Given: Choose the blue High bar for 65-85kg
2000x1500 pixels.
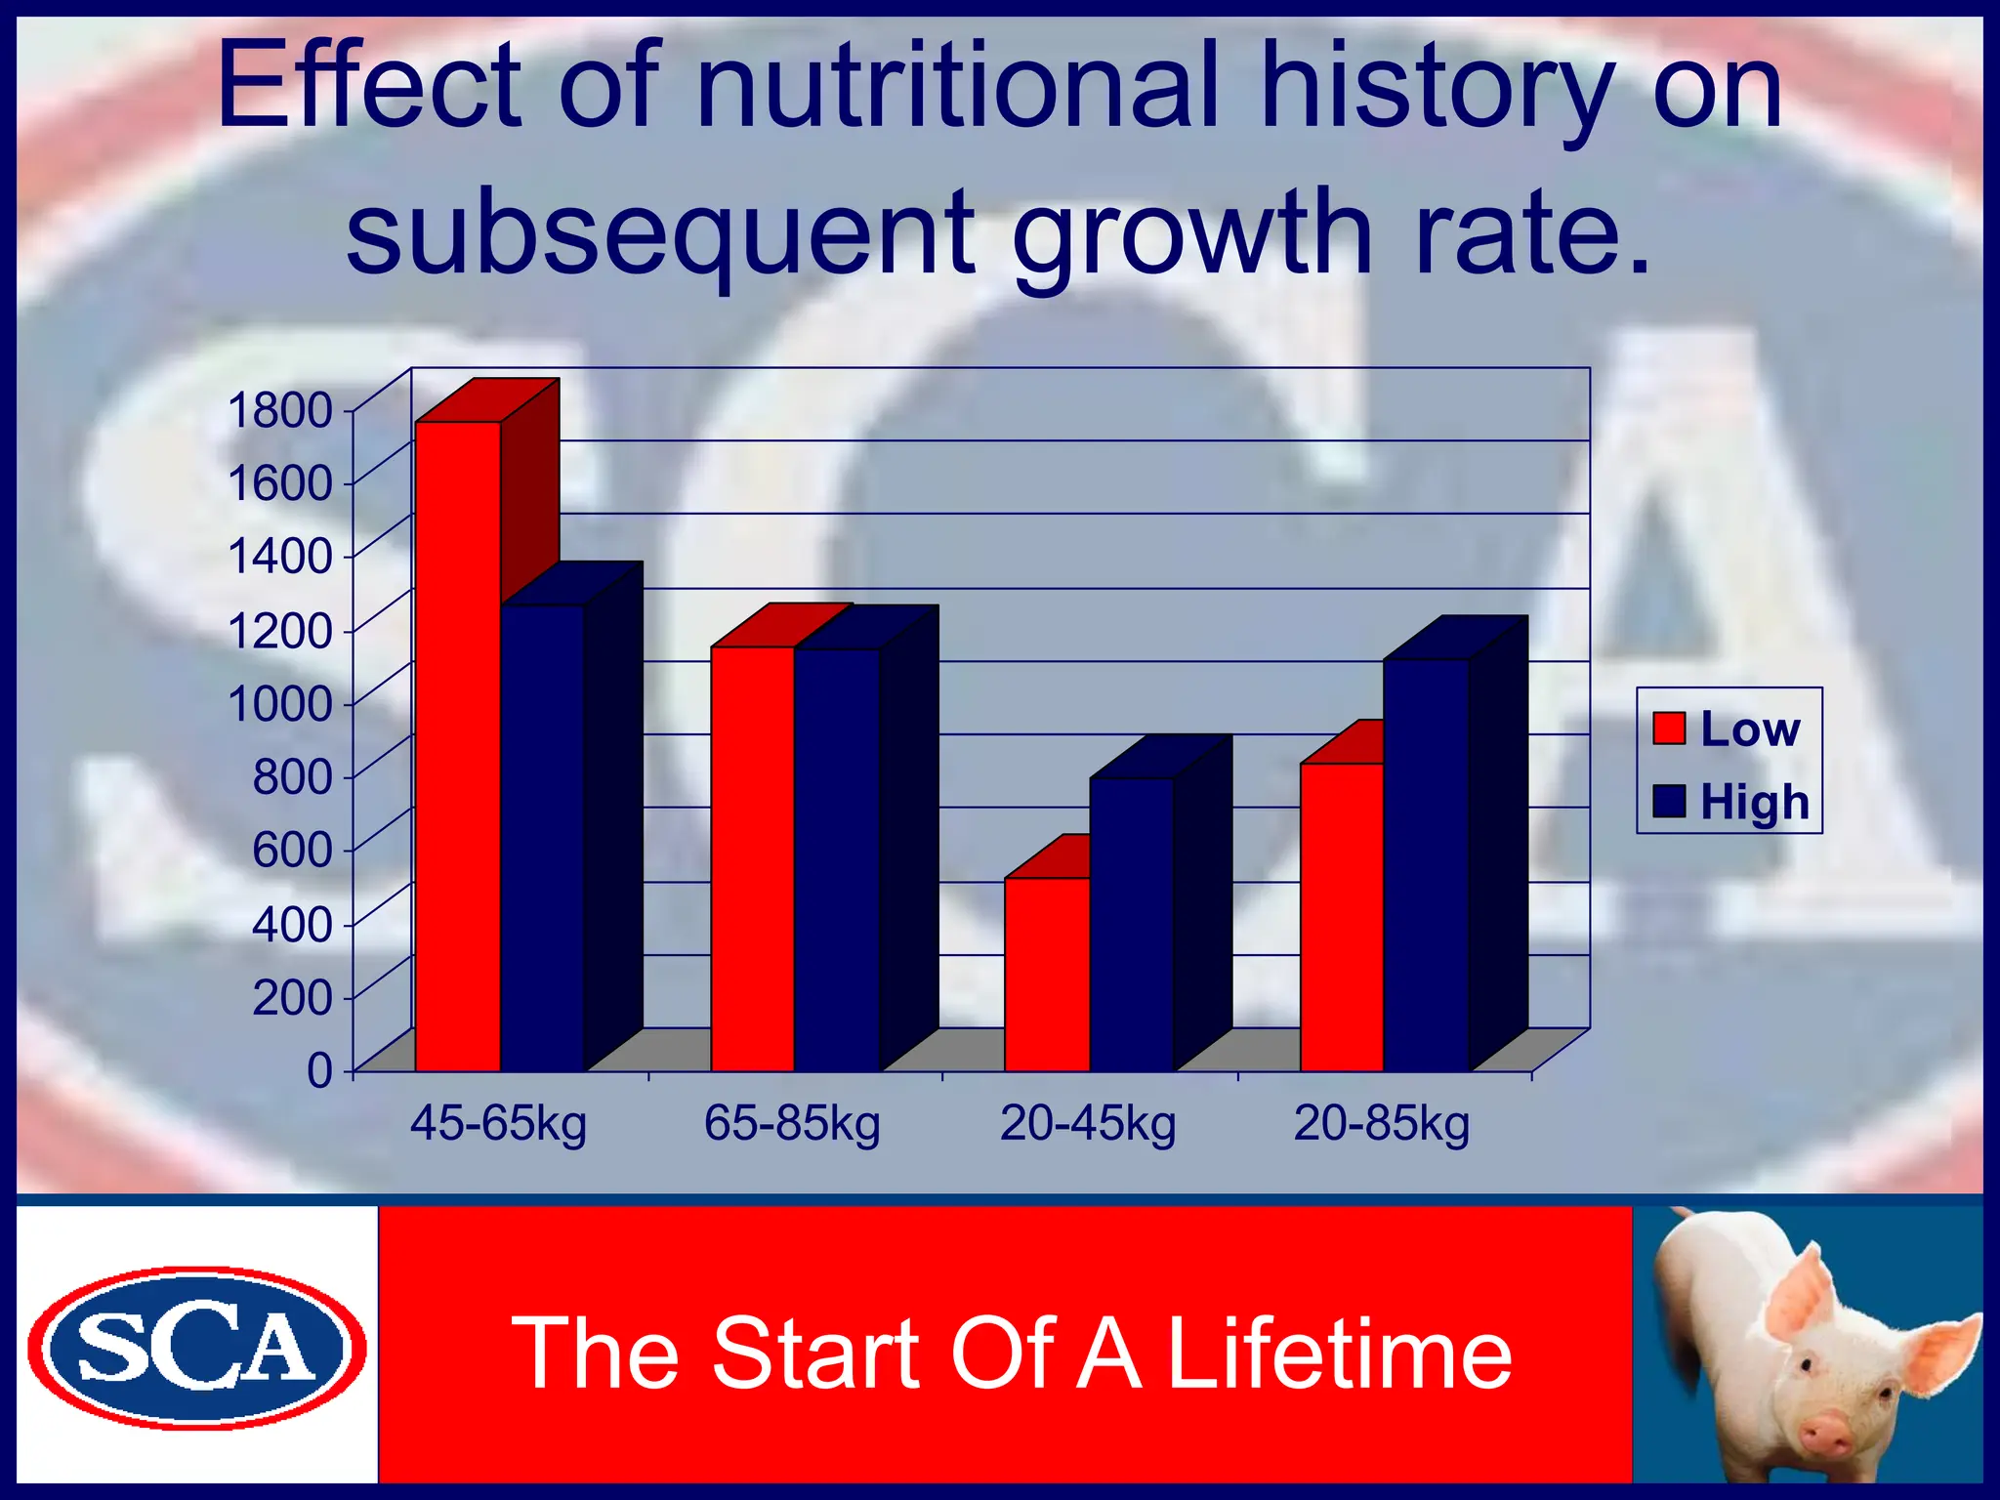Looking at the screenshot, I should click(837, 859).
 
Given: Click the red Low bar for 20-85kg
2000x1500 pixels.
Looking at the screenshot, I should click(1342, 918).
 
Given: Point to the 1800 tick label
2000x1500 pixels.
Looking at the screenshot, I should click(280, 409).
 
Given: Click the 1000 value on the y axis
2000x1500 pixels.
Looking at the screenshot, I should click(280, 703).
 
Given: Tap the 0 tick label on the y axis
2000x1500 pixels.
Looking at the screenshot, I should click(320, 1071).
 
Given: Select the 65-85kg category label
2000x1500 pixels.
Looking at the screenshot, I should click(792, 1123).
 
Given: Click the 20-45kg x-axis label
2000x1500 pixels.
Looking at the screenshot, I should click(1088, 1123).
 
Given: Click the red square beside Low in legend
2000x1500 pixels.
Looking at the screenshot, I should click(1669, 729).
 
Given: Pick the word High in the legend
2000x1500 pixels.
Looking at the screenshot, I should click(1755, 803).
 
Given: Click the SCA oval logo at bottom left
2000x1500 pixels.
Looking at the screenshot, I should click(196, 1348).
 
